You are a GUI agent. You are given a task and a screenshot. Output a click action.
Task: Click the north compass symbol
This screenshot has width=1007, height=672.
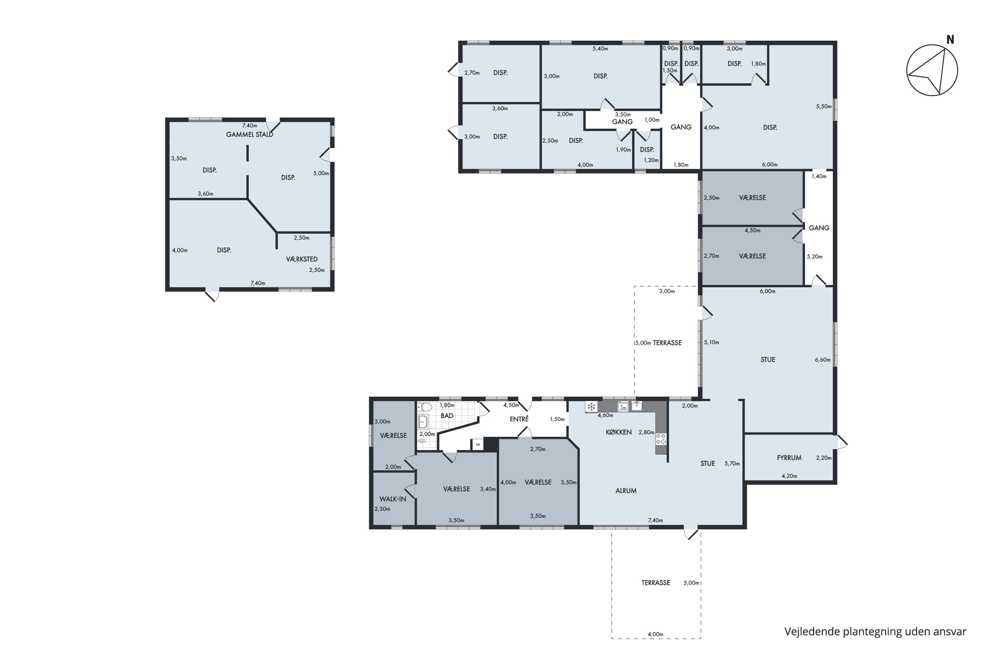click(932, 70)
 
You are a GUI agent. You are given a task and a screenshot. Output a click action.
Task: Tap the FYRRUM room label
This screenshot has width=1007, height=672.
click(789, 458)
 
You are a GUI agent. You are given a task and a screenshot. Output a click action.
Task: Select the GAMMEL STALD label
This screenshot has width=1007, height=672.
click(250, 134)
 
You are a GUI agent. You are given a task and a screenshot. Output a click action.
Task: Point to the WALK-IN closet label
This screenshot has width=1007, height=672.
click(393, 499)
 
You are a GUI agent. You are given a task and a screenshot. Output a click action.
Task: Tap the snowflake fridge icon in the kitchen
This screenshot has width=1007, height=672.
click(591, 407)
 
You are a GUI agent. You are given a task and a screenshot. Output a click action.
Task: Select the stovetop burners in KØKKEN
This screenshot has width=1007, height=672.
click(661, 438)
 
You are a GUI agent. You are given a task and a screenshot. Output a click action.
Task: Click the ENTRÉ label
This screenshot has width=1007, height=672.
click(519, 419)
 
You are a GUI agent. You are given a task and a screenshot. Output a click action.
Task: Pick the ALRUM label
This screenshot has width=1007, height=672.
click(626, 491)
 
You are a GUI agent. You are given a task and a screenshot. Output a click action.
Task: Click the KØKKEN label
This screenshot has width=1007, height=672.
click(619, 432)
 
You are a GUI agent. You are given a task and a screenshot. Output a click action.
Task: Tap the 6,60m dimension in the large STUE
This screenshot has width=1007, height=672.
click(822, 360)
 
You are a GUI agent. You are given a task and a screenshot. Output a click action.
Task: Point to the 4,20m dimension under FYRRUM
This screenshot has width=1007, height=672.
click(789, 476)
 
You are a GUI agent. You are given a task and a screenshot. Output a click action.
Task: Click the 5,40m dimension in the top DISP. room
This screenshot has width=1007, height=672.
click(600, 48)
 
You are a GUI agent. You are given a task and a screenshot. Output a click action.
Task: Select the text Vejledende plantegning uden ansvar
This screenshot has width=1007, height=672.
click(875, 631)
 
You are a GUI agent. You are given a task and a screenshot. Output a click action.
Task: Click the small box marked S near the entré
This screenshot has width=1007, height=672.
click(477, 445)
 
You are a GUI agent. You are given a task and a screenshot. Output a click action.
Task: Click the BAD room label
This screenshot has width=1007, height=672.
click(446, 415)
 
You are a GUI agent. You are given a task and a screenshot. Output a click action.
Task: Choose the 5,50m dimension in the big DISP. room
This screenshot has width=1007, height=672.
click(824, 106)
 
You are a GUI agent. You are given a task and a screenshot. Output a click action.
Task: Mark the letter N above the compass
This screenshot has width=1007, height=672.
click(950, 39)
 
